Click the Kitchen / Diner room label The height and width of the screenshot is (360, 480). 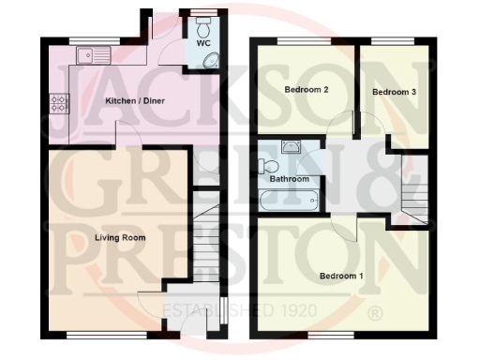pyautogui.click(x=129, y=100)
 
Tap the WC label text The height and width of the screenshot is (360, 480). pyautogui.click(x=203, y=44)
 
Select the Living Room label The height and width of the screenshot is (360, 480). pyautogui.click(x=120, y=238)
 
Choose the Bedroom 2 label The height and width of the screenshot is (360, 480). pyautogui.click(x=306, y=91)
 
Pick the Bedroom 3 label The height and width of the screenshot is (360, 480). pyautogui.click(x=394, y=92)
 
